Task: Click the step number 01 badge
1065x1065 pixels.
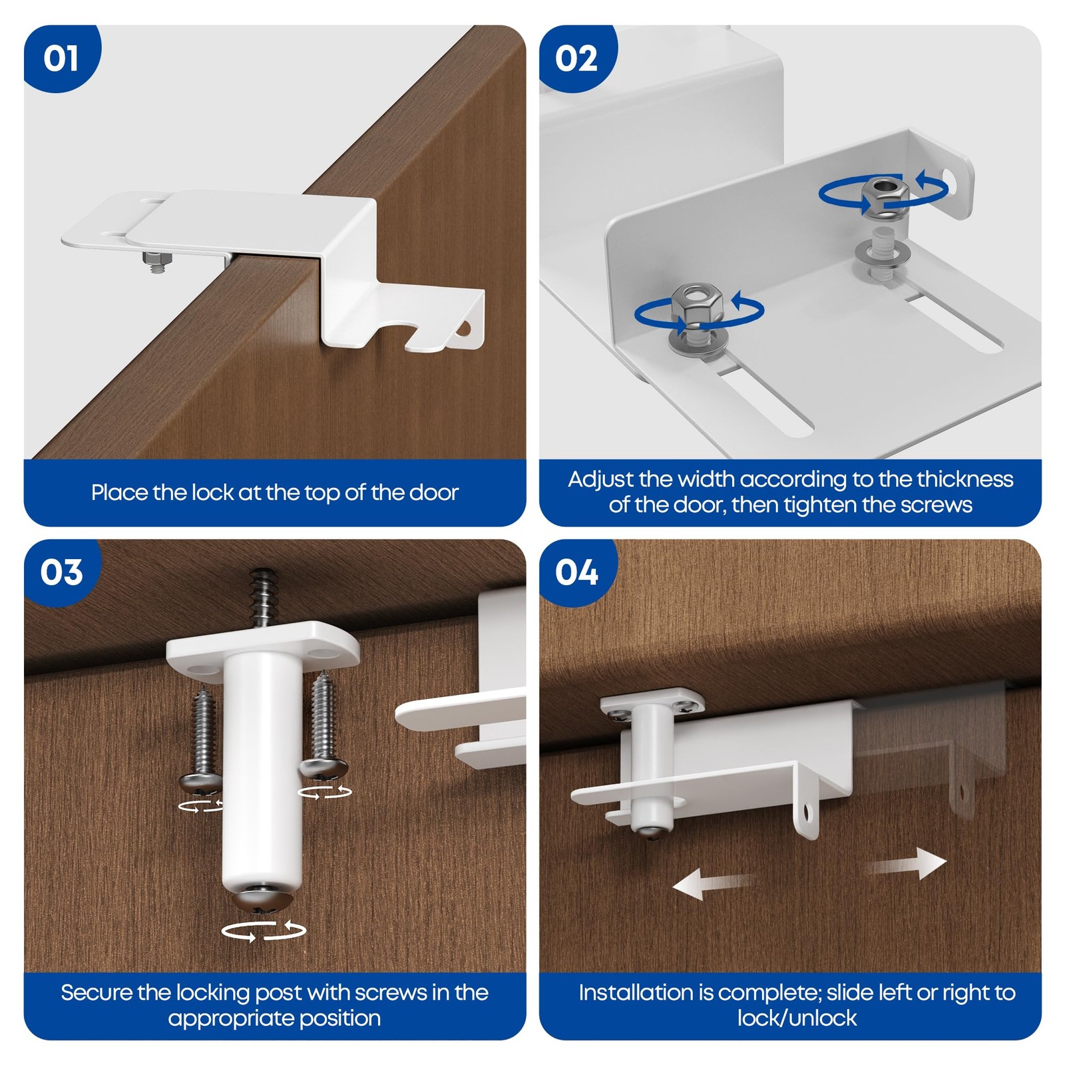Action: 61,59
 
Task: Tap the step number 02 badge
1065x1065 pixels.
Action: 577,59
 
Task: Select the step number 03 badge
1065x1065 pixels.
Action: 61,572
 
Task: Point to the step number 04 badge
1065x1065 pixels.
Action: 577,572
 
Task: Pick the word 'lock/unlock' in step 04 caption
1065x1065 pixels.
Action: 797,1018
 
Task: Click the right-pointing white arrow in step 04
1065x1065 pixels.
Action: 906,864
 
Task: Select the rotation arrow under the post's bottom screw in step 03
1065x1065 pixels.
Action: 264,931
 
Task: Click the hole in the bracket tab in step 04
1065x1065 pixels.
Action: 807,811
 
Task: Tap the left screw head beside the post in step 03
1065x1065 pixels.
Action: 200,783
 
